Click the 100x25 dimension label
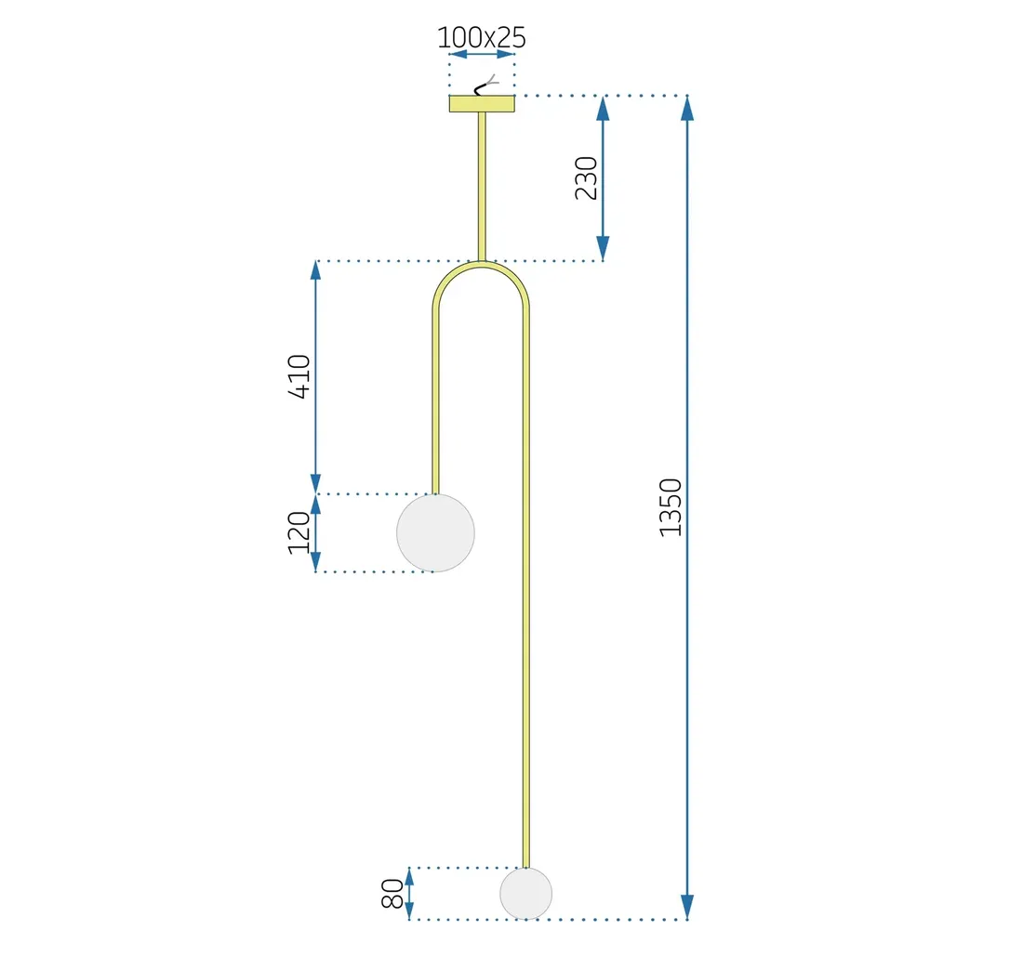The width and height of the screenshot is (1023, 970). click(482, 37)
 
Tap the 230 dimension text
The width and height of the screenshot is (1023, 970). click(586, 177)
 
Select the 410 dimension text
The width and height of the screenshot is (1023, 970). click(299, 376)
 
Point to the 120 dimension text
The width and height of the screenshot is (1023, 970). click(299, 532)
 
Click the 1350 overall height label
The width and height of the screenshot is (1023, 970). click(671, 507)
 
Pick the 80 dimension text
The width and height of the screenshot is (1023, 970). click(392, 894)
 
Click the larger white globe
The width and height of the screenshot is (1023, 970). click(435, 532)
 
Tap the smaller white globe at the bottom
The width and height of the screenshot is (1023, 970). click(525, 894)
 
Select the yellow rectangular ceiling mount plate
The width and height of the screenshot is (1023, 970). click(482, 103)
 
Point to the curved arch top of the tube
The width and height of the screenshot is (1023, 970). click(481, 268)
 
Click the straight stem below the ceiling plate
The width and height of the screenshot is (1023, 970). click(482, 186)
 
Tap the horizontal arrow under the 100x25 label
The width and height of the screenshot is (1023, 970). click(482, 55)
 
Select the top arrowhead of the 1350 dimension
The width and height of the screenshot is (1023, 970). click(687, 109)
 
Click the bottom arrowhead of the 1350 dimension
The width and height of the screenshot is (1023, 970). click(687, 906)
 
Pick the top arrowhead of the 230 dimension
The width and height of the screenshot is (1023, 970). click(603, 109)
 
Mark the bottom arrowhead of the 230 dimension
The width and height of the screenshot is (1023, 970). click(603, 248)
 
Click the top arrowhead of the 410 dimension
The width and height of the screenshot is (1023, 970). click(315, 272)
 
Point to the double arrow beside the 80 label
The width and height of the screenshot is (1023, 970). click(409, 894)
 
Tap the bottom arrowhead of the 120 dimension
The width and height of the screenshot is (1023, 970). click(315, 561)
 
